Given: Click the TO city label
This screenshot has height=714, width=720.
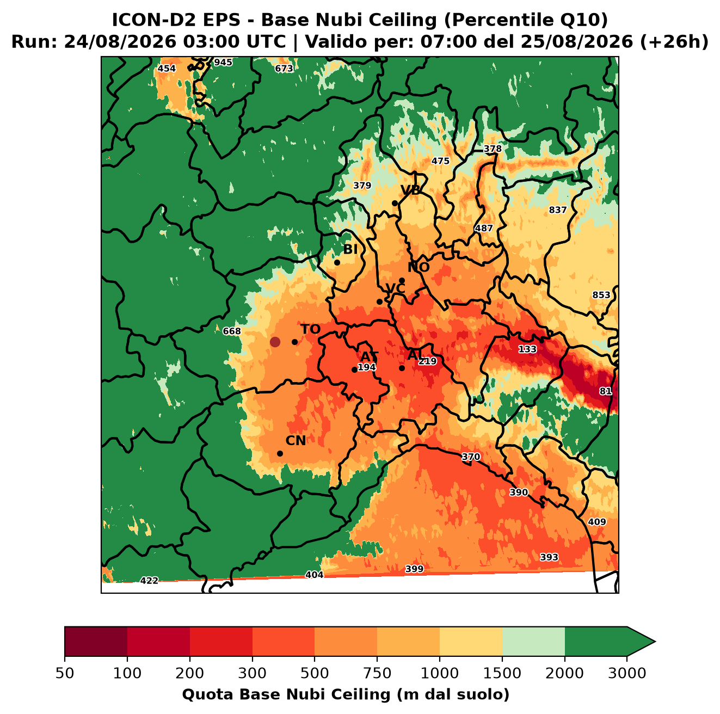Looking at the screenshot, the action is tap(311, 329).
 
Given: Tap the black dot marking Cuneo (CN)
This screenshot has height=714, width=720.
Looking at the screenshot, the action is tap(280, 453).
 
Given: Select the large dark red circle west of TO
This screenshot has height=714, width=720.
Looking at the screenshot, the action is tap(275, 342).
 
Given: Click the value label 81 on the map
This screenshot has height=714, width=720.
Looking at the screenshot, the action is tap(606, 391).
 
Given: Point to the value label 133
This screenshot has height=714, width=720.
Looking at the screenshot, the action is tap(527, 349).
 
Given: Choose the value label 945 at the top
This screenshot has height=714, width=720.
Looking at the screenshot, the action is tap(223, 63).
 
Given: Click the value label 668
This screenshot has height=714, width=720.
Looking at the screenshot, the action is tap(232, 331).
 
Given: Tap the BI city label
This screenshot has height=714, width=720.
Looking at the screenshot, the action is tap(350, 249).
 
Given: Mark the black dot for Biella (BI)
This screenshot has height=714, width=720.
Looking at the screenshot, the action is tap(337, 263).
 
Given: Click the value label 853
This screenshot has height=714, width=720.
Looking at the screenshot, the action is tap(601, 295).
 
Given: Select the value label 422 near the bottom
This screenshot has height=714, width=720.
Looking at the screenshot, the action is tap(149, 580).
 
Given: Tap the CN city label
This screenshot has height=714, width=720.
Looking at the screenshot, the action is tap(296, 440).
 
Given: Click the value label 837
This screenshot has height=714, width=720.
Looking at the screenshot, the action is tap(558, 210).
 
